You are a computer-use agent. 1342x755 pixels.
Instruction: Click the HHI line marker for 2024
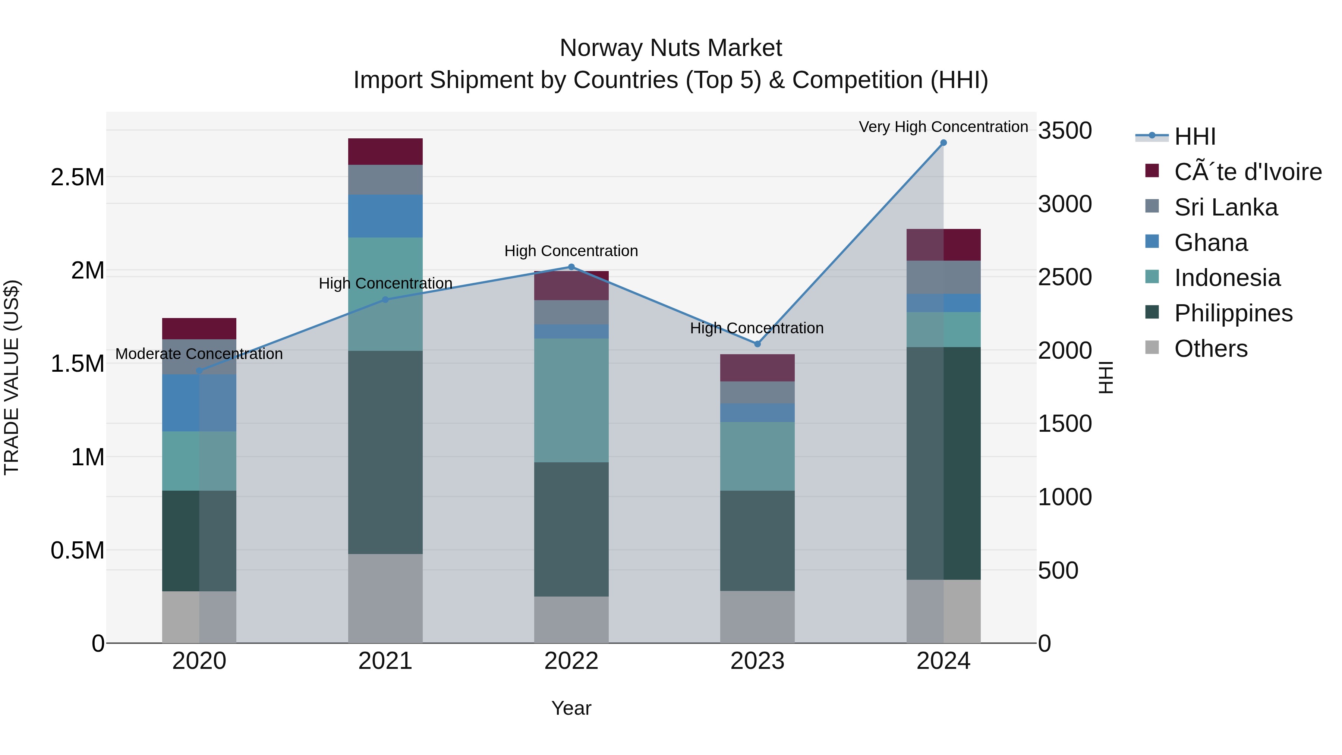coord(943,143)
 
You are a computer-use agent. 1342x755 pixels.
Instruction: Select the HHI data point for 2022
coord(571,267)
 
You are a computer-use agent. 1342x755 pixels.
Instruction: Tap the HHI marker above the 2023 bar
coord(757,344)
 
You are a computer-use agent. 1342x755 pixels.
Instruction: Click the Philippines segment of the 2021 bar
coord(385,452)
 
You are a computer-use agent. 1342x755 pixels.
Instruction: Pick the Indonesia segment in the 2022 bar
coord(571,400)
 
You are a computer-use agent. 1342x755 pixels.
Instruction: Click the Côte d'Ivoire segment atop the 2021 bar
coord(385,152)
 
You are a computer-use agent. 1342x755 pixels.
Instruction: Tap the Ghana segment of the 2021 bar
coord(385,216)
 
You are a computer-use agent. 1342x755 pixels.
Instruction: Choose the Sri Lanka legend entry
coord(1225,207)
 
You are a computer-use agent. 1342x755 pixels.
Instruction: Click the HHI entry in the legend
coord(1195,136)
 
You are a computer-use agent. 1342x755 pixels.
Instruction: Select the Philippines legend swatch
coord(1152,313)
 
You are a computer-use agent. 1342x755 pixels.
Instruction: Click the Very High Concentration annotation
coord(943,127)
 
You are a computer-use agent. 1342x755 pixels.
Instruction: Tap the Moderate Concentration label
coord(199,354)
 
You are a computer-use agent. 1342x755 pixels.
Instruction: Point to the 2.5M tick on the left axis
coord(77,178)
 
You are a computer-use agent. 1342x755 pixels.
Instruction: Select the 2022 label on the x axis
coord(571,661)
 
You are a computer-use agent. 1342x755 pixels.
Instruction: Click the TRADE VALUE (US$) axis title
coord(12,377)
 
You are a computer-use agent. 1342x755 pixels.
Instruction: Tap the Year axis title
coord(571,708)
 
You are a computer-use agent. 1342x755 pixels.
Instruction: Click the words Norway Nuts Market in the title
coord(671,48)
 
